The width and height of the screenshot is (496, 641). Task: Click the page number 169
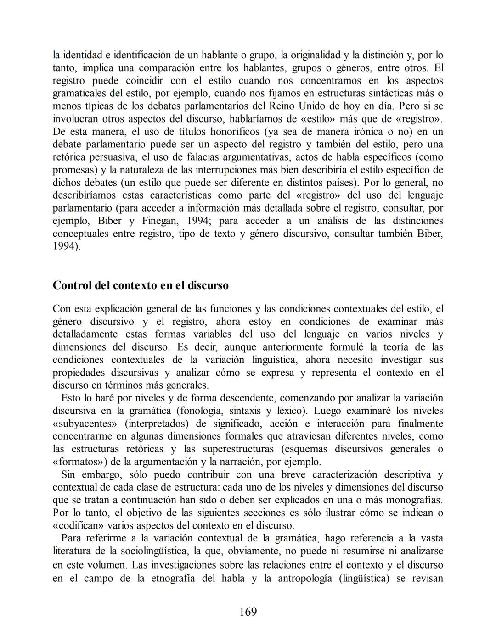248,612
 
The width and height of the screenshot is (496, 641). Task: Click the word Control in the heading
72,285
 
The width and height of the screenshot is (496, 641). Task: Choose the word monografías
412,500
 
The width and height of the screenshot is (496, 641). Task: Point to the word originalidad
308,55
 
